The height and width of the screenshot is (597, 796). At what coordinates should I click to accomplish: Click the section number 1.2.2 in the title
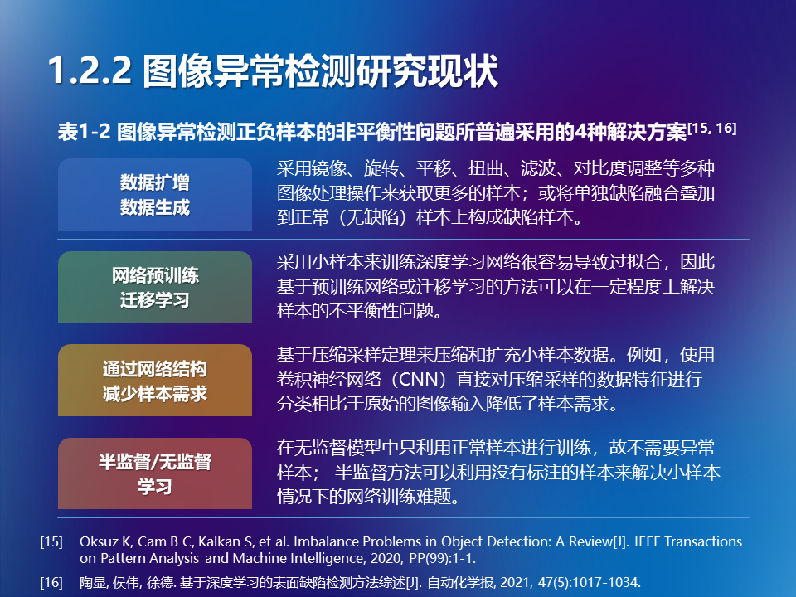[90, 70]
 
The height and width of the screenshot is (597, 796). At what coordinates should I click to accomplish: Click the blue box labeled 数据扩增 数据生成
[155, 194]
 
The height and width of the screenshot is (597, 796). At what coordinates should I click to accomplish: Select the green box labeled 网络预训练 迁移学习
[155, 288]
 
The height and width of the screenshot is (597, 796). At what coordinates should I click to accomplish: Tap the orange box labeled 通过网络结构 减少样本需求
[155, 381]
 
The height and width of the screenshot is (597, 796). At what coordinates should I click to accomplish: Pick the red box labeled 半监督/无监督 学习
[155, 473]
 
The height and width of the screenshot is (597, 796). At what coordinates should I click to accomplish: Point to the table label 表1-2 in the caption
[84, 132]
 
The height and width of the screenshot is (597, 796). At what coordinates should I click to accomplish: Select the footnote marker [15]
[51, 541]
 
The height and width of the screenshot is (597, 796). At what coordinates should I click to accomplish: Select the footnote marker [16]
[51, 582]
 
